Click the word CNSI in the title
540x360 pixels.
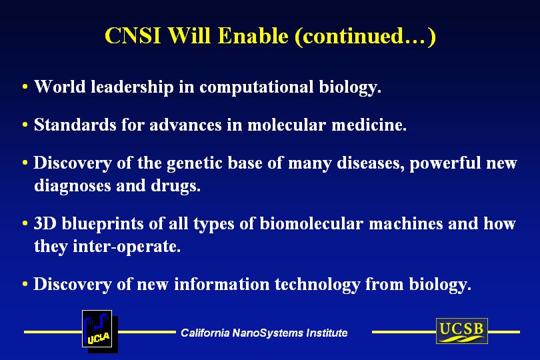coord(133,35)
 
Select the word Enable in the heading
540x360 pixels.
coord(253,35)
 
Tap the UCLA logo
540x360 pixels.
coord(99,331)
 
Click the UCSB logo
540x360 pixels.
coord(462,331)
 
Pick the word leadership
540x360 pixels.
coord(132,87)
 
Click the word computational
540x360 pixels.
coord(257,87)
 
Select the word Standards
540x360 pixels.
coord(75,125)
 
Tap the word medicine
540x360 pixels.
coord(369,125)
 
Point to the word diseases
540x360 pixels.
coord(371,163)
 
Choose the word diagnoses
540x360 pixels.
coord(72,186)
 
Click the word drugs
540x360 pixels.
coord(175,186)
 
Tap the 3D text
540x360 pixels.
coord(45,223)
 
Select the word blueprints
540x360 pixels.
coord(103,224)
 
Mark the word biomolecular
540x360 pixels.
coord(311,224)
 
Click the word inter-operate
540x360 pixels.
coord(127,247)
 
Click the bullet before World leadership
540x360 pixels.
coord(25,86)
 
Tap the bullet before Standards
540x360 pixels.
coord(25,125)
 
